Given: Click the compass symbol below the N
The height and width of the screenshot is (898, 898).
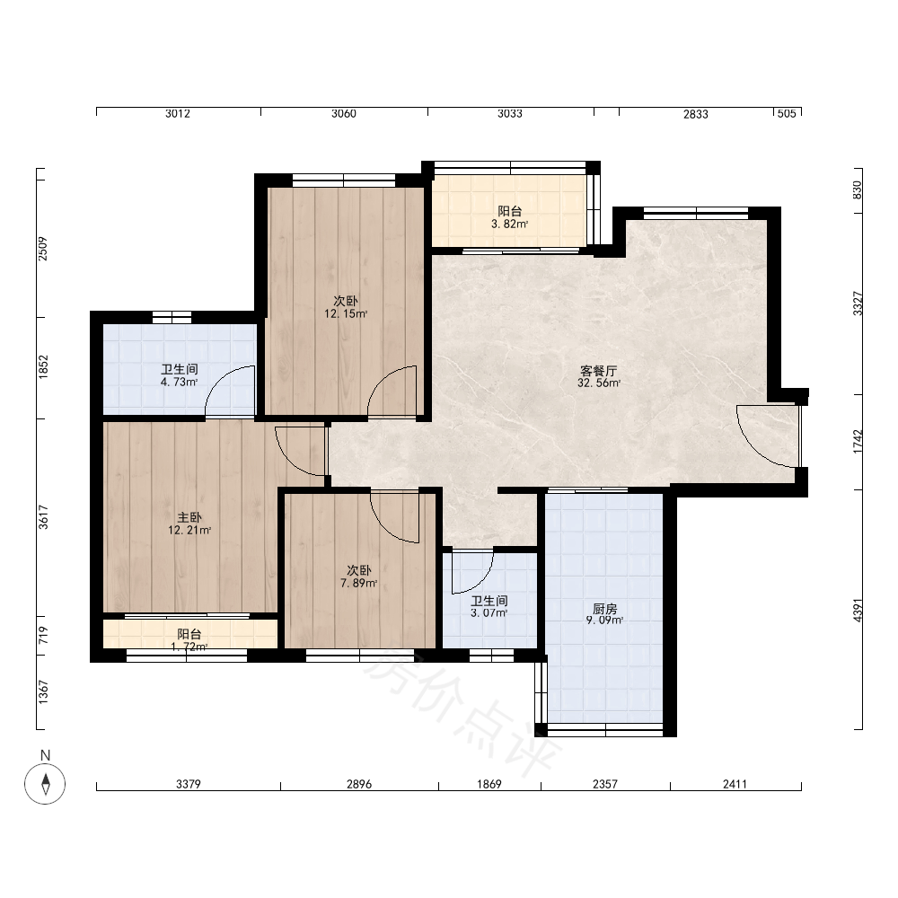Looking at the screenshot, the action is (x=45, y=783).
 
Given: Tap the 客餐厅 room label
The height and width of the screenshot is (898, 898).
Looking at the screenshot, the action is (x=598, y=371).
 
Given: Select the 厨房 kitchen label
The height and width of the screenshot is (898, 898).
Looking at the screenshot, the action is (x=604, y=608).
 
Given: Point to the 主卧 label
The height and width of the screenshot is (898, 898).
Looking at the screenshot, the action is (x=189, y=518).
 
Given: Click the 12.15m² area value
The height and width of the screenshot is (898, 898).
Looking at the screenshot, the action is (x=346, y=313).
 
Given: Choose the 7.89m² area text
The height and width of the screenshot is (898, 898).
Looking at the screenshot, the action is (x=358, y=584).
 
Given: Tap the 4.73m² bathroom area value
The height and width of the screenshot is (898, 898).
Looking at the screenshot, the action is (x=180, y=382).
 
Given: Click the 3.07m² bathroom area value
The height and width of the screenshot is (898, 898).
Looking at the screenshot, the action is (x=489, y=613).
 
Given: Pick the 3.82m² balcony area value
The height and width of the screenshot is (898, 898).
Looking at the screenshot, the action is (x=509, y=224).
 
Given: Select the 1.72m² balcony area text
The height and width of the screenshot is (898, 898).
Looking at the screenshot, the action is (x=189, y=647).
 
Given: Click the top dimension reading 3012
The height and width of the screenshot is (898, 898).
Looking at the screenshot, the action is (x=178, y=114).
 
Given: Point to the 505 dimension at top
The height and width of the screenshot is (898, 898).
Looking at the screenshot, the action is (x=787, y=114).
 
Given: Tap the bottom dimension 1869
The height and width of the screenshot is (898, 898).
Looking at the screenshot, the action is (x=489, y=785).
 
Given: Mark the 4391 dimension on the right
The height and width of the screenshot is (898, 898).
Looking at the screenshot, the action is (x=858, y=611).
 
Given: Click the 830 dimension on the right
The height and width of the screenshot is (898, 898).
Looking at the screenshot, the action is (x=858, y=190).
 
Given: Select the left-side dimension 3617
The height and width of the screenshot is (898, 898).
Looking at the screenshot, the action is (x=43, y=517).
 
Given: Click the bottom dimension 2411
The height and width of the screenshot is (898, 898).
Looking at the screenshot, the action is (x=735, y=785).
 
